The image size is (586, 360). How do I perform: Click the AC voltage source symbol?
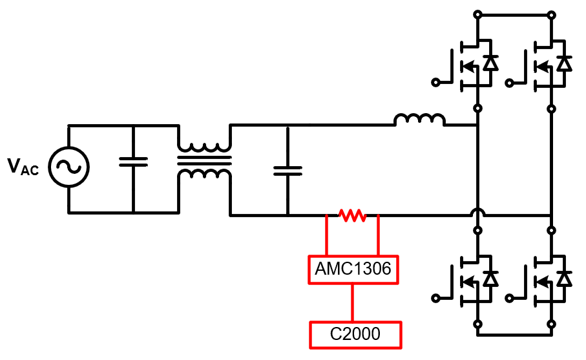point(68,167)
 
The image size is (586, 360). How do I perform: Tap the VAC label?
point(23,167)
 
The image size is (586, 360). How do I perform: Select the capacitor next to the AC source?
point(133,162)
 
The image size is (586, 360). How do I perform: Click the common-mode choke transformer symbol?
point(204,162)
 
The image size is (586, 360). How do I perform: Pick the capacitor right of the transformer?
point(288,170)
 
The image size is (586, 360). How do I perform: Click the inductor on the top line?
point(419,120)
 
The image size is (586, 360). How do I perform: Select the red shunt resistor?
point(352,215)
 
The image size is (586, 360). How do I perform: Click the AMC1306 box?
point(353,269)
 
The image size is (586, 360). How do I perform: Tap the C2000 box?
point(355,334)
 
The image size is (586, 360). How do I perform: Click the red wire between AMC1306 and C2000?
point(353,302)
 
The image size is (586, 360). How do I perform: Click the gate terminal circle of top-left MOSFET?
point(435,82)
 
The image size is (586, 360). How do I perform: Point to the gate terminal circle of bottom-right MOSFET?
point(510,298)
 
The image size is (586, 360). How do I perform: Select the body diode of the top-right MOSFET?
point(565,63)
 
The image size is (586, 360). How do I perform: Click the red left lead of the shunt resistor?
point(326,236)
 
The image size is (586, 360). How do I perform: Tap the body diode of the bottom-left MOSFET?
point(491,279)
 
